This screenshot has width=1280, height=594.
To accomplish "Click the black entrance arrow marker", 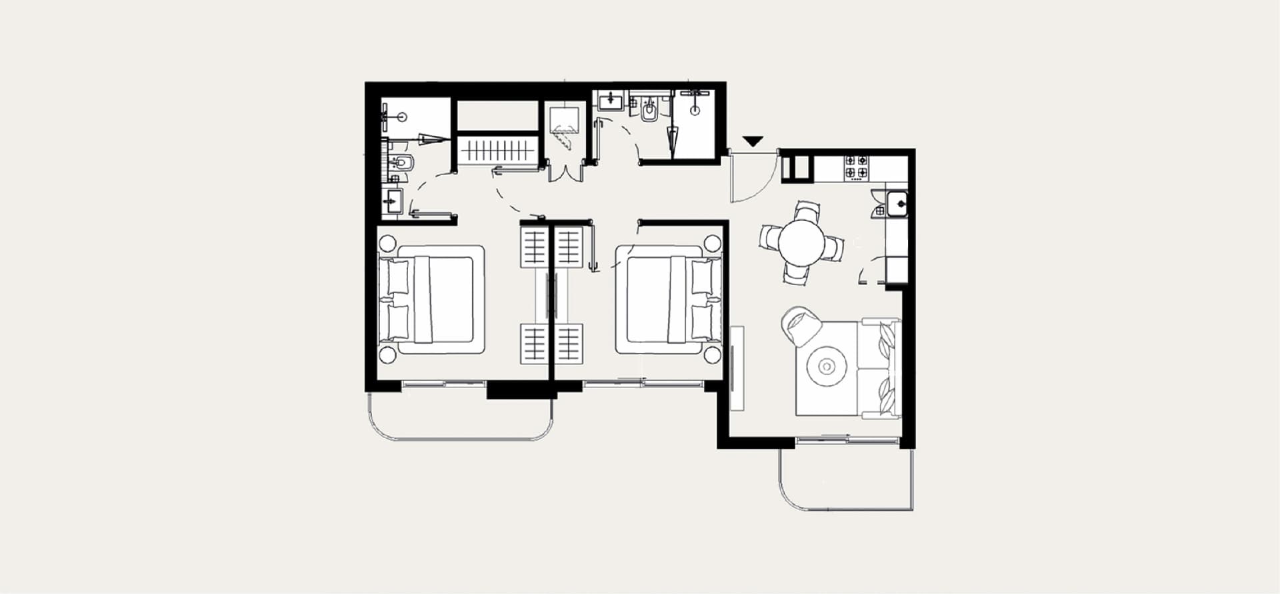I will point(753,141).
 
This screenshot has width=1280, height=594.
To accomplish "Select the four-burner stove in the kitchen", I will point(857,166).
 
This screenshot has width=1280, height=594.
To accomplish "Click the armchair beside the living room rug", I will point(802,326).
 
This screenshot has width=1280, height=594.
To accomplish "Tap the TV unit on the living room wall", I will point(737,368).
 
